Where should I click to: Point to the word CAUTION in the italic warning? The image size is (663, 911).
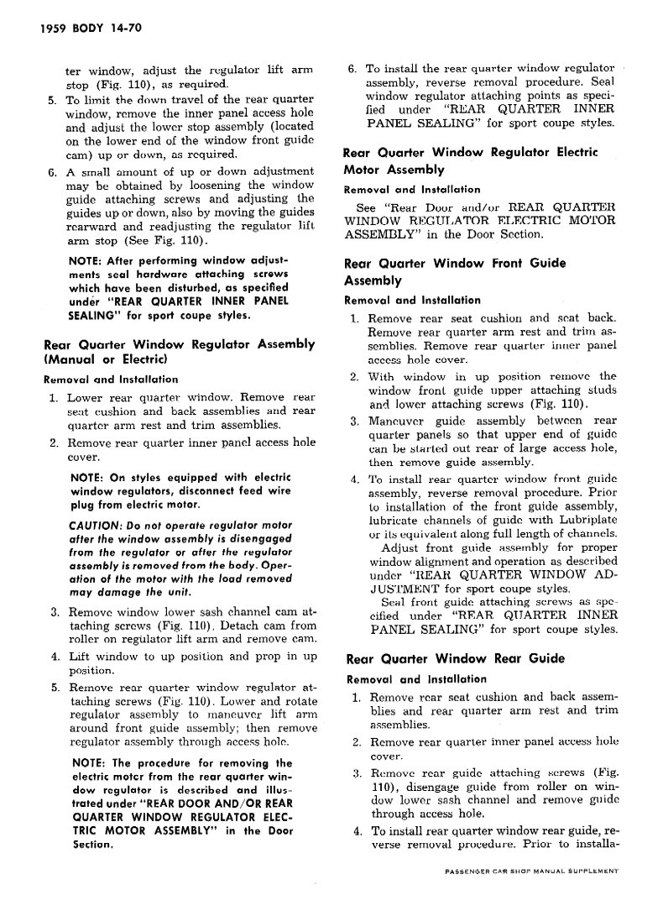[97, 525]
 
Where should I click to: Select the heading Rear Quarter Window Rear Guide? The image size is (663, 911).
[454, 659]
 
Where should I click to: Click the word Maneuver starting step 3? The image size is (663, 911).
[400, 421]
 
